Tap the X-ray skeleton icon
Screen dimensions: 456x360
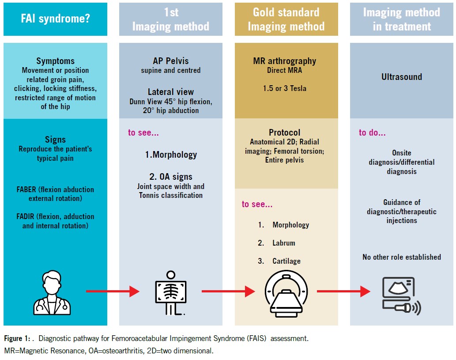click(x=171, y=293)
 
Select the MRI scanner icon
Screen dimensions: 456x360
click(x=286, y=293)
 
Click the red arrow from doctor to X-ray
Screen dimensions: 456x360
click(x=113, y=291)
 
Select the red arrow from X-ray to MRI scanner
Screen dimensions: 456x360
click(x=228, y=291)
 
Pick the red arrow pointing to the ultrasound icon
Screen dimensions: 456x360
click(x=343, y=291)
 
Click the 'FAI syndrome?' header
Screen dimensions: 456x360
click(x=55, y=19)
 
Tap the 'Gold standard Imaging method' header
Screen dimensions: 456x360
click(x=286, y=19)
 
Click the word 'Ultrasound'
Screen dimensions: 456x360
click(x=402, y=77)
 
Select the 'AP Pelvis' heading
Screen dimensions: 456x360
click(x=171, y=61)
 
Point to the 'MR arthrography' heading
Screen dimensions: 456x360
click(x=284, y=61)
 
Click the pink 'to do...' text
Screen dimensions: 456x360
click(x=372, y=133)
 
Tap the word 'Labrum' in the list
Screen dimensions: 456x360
click(x=283, y=243)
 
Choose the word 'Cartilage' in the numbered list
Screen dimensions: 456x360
click(x=286, y=261)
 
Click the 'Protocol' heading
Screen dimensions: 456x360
click(x=284, y=133)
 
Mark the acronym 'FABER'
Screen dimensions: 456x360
click(x=26, y=189)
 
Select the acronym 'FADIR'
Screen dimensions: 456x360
click(x=25, y=216)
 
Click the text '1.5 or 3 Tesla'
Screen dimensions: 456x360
click(x=284, y=88)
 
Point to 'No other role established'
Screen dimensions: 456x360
click(x=402, y=257)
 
